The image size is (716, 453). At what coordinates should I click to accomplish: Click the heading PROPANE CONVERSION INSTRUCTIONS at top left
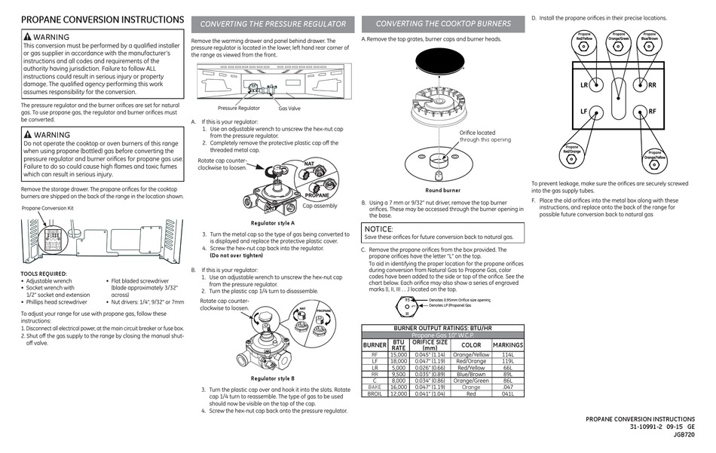click(x=102, y=20)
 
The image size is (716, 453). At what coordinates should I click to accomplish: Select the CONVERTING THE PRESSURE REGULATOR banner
click(x=273, y=24)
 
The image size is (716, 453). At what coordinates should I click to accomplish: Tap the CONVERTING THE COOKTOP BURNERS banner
click(x=442, y=23)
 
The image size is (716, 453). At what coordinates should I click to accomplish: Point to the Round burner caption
click(x=442, y=191)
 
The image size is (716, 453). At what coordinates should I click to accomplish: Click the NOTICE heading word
click(x=378, y=228)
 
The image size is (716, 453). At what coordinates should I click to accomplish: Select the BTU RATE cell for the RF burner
click(x=398, y=354)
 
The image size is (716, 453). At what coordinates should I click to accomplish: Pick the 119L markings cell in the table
click(x=507, y=361)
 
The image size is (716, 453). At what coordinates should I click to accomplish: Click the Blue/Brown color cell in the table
click(x=471, y=374)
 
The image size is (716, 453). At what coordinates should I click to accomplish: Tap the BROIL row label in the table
click(x=375, y=393)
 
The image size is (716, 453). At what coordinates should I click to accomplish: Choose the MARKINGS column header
click(x=507, y=344)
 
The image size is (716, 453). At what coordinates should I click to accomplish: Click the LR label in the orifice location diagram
click(x=584, y=85)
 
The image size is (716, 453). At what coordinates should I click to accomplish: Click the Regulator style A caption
click(x=272, y=223)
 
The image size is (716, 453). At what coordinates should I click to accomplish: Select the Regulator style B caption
click(x=272, y=378)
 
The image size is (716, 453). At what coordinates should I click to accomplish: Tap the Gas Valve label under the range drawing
click(x=289, y=109)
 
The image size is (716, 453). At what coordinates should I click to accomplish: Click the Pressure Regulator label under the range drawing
click(x=238, y=109)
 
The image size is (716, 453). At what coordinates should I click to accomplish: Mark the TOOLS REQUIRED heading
click(x=44, y=274)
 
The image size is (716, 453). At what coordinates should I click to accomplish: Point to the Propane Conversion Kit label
click(x=47, y=207)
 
